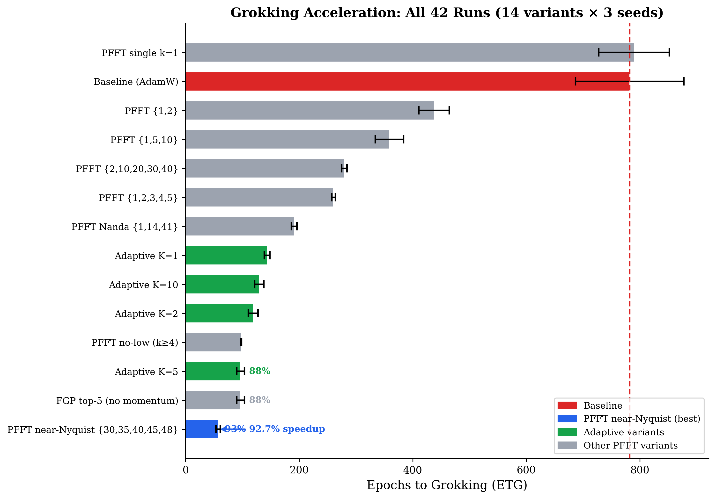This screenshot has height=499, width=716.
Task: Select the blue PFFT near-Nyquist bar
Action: point(201,429)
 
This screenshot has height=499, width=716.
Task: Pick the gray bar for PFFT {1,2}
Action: point(309,110)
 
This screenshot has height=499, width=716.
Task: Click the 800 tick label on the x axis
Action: point(639,470)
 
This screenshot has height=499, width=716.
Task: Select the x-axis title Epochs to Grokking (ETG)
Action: point(447,485)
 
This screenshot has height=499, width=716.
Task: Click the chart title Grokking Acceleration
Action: point(447,13)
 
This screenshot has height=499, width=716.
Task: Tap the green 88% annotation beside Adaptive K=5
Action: point(259,371)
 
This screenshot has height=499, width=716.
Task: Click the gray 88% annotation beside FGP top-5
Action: point(259,400)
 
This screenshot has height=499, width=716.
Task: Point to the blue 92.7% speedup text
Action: point(287,429)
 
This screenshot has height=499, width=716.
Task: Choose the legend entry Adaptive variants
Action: point(623,432)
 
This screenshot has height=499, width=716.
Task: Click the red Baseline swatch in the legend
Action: point(567,405)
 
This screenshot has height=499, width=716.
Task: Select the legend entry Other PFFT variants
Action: point(630,445)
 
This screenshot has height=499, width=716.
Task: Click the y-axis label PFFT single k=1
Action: point(140,53)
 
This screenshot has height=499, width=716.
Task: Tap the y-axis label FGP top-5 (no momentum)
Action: point(117,400)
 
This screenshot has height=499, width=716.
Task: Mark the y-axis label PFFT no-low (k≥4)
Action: point(135,343)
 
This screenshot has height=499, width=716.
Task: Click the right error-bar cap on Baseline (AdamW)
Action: point(684,82)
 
